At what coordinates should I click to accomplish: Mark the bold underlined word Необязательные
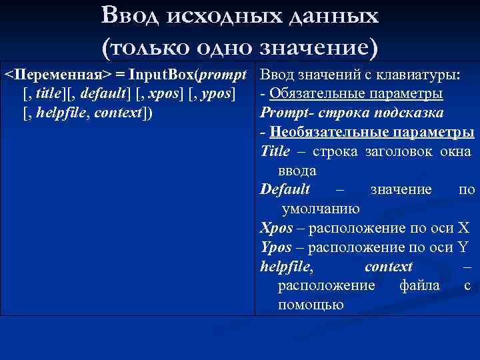point(327,131)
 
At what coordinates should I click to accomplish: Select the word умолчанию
point(321,209)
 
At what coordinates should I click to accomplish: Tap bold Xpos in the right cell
point(276,228)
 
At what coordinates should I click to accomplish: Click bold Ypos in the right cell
point(276,247)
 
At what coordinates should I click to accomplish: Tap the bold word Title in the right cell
point(275,151)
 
